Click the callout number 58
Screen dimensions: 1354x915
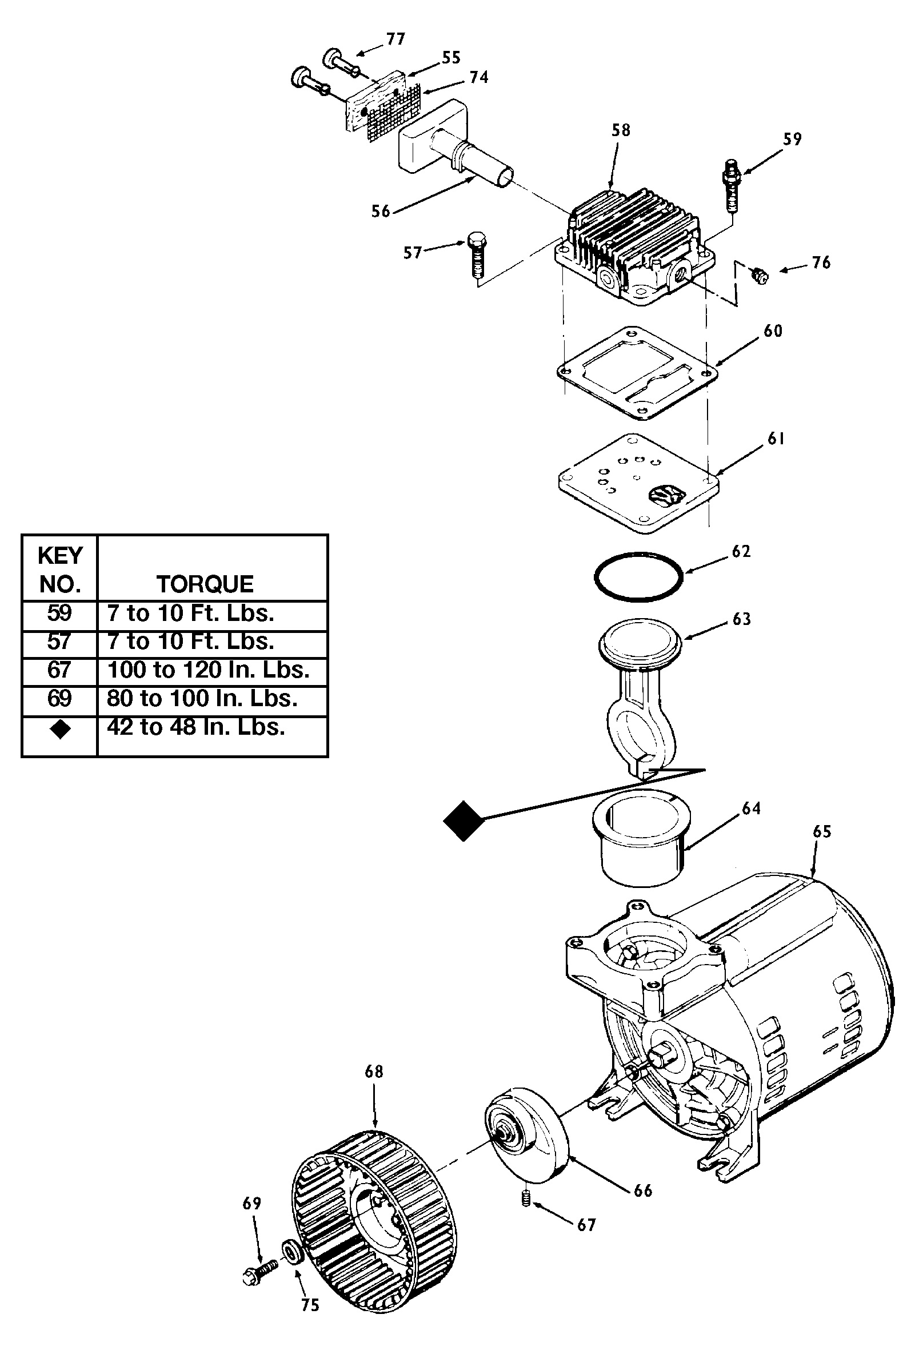(x=621, y=130)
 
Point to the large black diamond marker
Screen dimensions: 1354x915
(x=464, y=821)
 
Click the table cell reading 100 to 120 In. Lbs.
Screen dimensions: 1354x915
(x=208, y=670)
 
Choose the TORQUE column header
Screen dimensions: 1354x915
(x=205, y=584)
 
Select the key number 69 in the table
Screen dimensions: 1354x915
(x=59, y=698)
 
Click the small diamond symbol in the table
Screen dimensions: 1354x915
(x=60, y=729)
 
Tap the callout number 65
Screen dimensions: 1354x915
(x=821, y=831)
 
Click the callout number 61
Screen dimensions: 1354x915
(x=776, y=439)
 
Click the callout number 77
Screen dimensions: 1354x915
(x=395, y=39)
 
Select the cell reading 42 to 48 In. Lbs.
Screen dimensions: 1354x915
(x=196, y=727)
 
